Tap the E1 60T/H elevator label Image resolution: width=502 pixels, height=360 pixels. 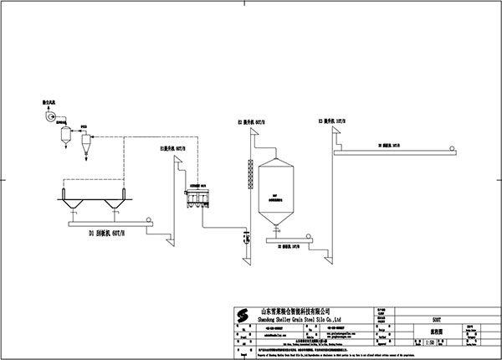pos(172,150)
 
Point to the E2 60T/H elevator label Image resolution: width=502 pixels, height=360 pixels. pos(251,123)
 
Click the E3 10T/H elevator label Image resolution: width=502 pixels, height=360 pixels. pos(330,122)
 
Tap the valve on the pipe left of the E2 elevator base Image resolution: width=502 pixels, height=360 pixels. pos(247,239)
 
